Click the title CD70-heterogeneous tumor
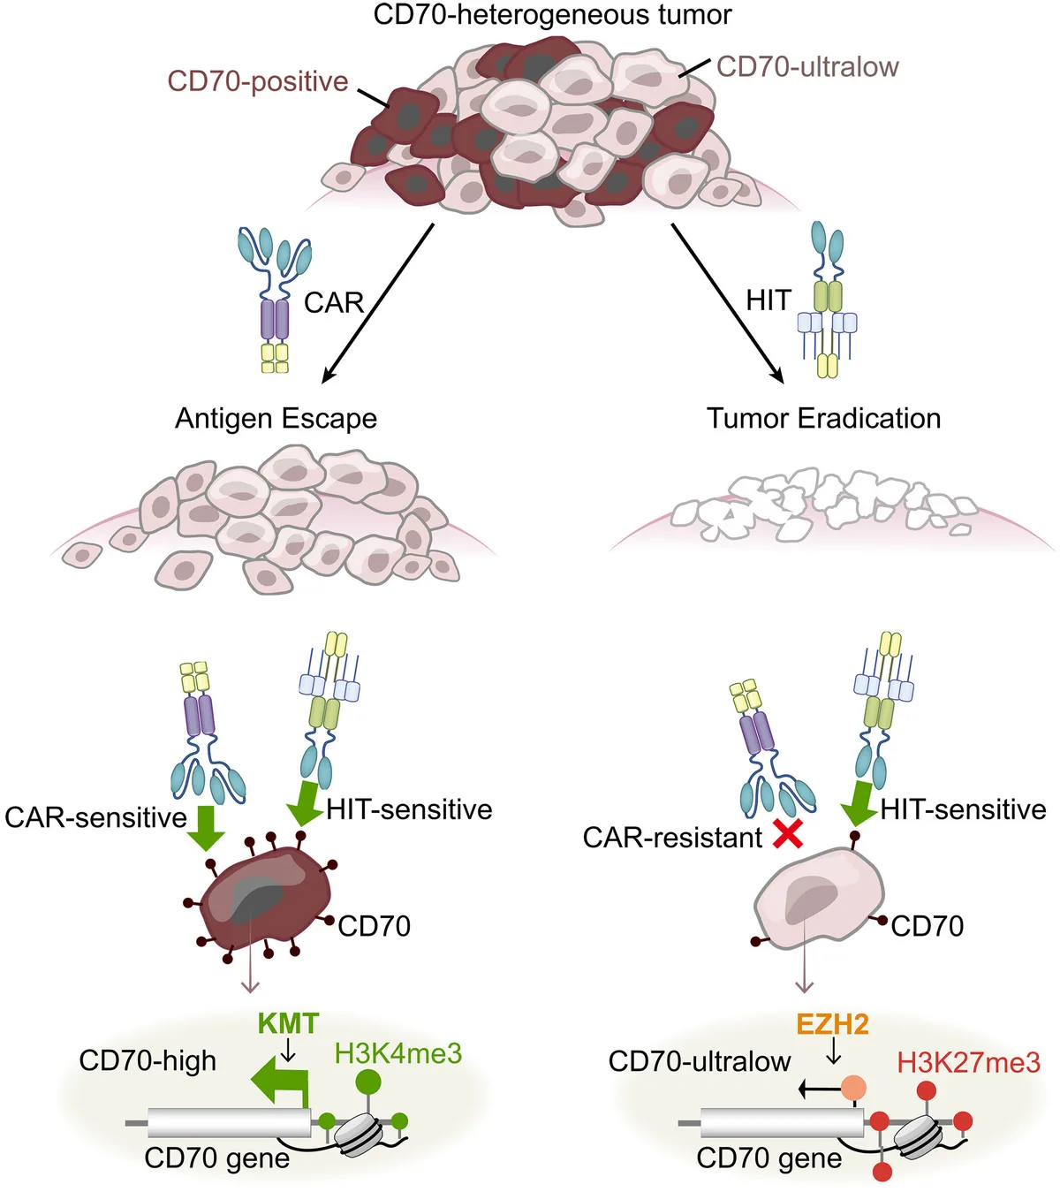pos(552,14)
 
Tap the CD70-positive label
pos(257,81)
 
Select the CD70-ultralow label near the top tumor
pos(806,66)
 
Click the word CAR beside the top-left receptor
pos(333,303)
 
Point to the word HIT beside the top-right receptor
pos(768,300)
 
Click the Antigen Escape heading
pos(276,418)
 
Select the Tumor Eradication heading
pos(823,418)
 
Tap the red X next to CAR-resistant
pos(787,833)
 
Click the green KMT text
pos(288,1023)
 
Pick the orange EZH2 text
pos(832,1024)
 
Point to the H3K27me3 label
pos(968,1062)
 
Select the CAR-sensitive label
pos(95,817)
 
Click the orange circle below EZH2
pos(853,1088)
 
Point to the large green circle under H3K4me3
pos(368,1081)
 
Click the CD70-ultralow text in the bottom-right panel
pos(699,1061)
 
